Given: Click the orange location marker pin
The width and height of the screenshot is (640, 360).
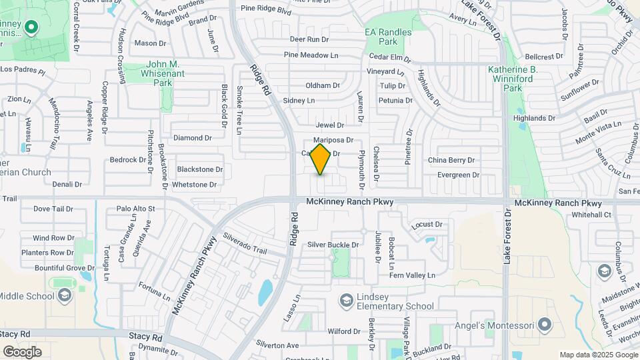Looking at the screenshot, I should click(x=321, y=159).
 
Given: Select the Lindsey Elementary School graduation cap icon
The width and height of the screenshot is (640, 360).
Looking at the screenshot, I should click(x=346, y=301).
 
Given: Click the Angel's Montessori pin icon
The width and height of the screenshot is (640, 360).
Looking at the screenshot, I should click(x=545, y=325).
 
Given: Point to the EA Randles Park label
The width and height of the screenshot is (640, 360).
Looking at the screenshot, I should click(x=389, y=36).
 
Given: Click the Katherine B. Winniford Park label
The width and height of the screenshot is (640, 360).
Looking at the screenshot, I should click(x=513, y=79).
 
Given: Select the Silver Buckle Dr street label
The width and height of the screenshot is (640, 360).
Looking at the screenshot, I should click(x=333, y=245).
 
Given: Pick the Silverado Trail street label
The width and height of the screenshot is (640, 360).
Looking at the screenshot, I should click(x=245, y=244).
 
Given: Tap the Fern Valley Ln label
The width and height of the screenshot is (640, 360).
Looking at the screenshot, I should click(x=412, y=275).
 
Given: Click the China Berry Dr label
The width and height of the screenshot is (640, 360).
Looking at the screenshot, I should click(x=451, y=160).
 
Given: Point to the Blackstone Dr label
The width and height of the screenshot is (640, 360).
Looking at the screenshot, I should click(x=200, y=169).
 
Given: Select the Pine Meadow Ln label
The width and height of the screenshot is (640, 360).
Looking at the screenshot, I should click(x=311, y=55).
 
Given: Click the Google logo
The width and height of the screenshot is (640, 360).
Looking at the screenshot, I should click(x=22, y=351).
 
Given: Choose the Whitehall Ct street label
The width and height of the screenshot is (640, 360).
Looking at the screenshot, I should click(x=591, y=215).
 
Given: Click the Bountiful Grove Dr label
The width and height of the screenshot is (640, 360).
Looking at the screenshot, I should click(x=65, y=268).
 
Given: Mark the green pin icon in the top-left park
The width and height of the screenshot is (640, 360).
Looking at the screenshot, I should click(x=31, y=28).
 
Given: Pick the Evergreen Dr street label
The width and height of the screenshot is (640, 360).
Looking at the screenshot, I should click(x=458, y=175).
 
